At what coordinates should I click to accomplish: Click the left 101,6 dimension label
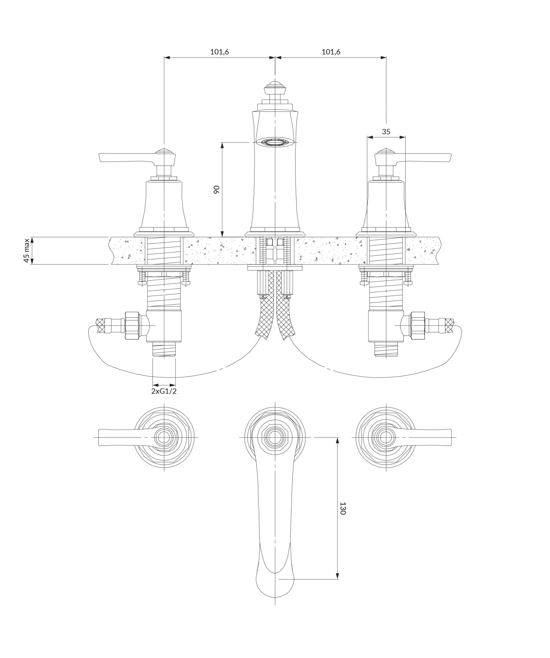[x=219, y=52]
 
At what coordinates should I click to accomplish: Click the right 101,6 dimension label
[x=331, y=52]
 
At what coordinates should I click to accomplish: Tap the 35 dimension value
[x=386, y=132]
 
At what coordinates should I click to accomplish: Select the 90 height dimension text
[x=217, y=189]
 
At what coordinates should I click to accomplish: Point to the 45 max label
[x=26, y=251]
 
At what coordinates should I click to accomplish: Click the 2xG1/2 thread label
[x=164, y=391]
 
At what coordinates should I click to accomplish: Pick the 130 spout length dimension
[x=343, y=509]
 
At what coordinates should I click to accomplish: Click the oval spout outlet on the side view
[x=275, y=142]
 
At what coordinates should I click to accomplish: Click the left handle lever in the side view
[x=125, y=158]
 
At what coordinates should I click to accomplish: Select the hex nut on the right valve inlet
[x=418, y=325]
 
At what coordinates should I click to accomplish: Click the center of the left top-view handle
[x=164, y=437]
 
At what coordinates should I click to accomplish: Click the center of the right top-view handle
[x=386, y=437]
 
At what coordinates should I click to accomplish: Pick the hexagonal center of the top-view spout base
[x=275, y=437]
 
